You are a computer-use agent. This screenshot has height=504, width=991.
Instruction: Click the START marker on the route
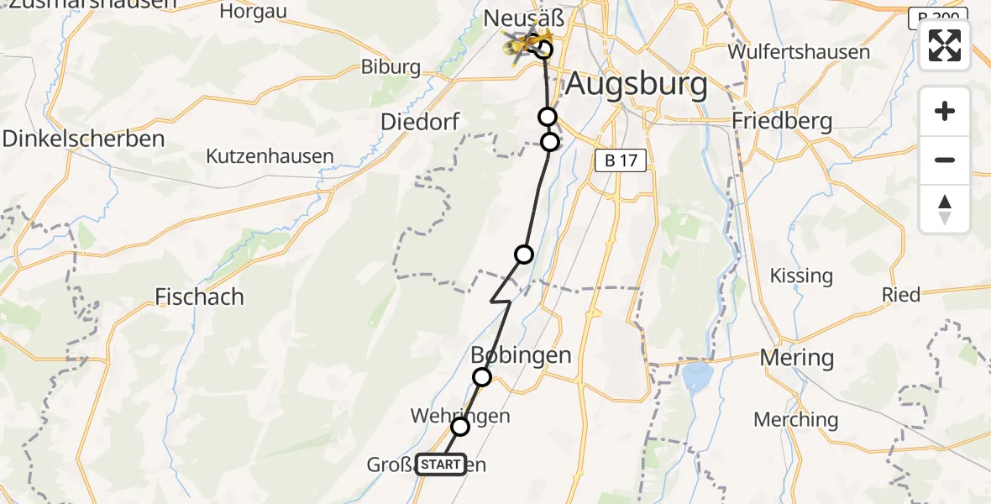(x=440, y=465)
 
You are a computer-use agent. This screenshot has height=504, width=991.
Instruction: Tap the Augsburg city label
(x=636, y=85)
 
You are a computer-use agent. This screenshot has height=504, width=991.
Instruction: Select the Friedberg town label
(x=782, y=121)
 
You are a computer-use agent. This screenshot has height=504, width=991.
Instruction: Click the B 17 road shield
(x=621, y=161)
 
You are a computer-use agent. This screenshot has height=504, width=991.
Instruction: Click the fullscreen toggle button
(x=945, y=45)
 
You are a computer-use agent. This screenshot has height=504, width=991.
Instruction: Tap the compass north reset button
(x=945, y=209)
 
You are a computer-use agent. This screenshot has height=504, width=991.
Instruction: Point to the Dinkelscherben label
(x=83, y=139)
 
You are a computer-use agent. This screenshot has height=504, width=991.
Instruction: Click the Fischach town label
(x=200, y=297)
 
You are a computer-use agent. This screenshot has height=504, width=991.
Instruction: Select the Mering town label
(x=796, y=358)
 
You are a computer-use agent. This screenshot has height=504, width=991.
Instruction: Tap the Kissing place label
(x=801, y=276)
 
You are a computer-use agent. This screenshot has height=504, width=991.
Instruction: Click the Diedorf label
(x=420, y=122)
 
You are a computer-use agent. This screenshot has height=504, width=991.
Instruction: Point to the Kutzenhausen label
(x=270, y=156)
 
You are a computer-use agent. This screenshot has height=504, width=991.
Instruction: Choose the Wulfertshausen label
(x=799, y=51)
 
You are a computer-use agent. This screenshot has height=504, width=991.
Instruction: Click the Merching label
(x=796, y=419)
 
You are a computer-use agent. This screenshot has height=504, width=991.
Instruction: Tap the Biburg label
(x=390, y=66)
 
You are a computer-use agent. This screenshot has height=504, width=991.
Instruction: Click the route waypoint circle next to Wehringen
(x=460, y=427)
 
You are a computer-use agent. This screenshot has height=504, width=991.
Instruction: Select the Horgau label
(x=253, y=12)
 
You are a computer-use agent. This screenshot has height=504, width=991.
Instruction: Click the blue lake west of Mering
(x=697, y=378)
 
